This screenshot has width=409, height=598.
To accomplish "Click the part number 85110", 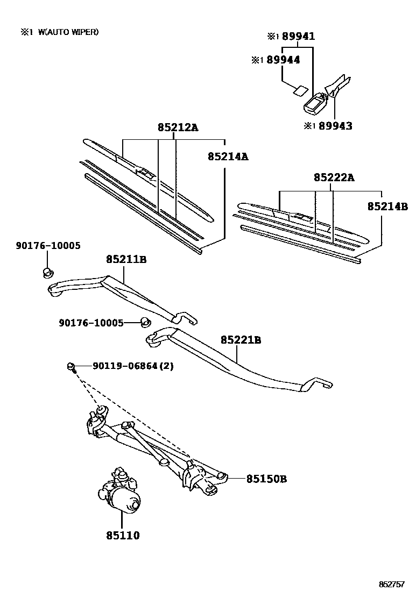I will [x=123, y=535].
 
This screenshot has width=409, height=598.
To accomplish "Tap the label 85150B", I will [x=266, y=478].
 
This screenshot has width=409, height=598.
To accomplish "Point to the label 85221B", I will [x=241, y=340].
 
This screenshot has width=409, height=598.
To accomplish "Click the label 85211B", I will [x=126, y=260].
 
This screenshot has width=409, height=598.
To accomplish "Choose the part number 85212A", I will [x=178, y=127].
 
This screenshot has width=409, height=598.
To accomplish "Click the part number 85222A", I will [x=334, y=177].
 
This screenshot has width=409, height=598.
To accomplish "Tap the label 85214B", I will [x=387, y=206].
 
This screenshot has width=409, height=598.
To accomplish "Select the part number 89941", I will [x=298, y=37].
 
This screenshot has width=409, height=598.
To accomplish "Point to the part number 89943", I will [x=335, y=126].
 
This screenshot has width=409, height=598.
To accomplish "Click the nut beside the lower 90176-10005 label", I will [x=144, y=322].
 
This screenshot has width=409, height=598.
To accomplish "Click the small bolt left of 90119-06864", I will [x=72, y=367].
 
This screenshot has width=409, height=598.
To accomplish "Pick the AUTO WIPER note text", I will [x=68, y=32].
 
